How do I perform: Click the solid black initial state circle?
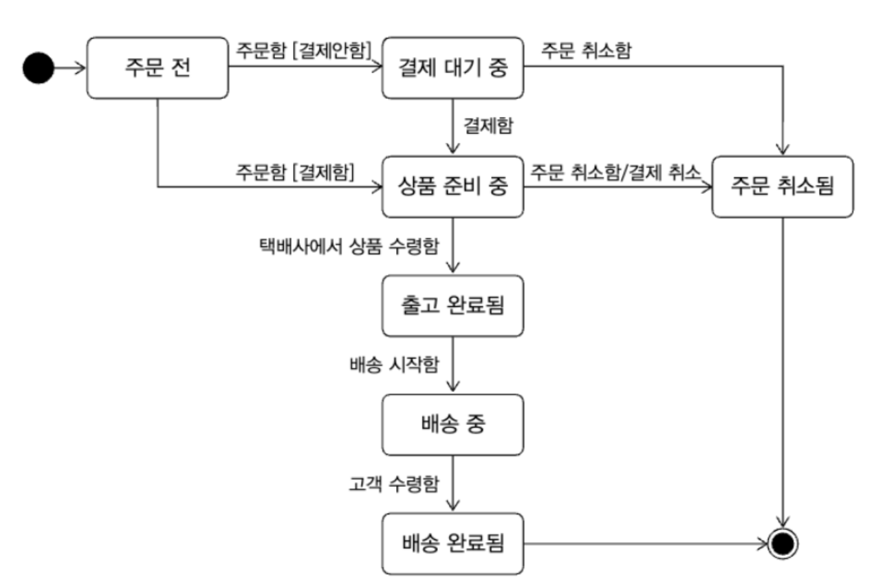(38, 68)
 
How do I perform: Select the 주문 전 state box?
(158, 68)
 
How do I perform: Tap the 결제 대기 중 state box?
(453, 68)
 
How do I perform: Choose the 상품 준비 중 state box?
(453, 186)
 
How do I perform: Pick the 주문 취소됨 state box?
(783, 186)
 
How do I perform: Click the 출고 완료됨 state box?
(453, 305)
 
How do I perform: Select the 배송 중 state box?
(453, 424)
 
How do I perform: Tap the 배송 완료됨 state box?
(453, 544)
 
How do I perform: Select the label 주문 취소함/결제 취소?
(615, 171)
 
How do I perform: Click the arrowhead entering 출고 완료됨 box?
(453, 270)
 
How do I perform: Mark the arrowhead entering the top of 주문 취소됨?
(783, 151)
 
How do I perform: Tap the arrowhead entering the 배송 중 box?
(453, 389)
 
